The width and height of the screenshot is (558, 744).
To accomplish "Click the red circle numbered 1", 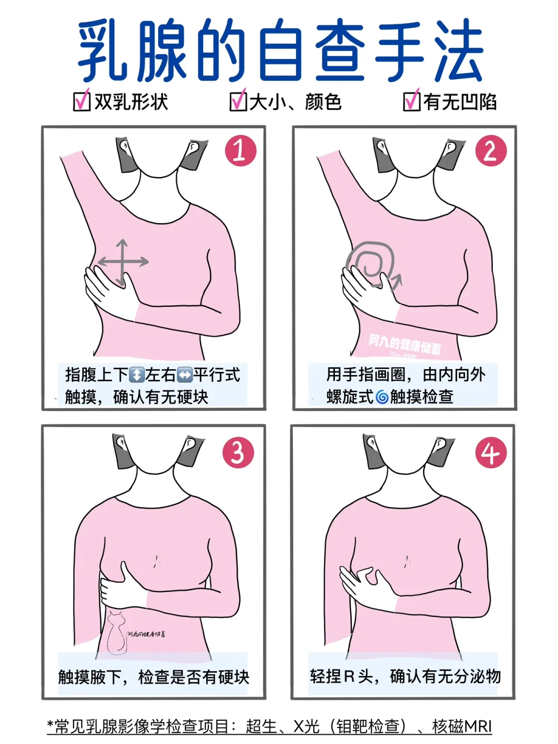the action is point(240,150).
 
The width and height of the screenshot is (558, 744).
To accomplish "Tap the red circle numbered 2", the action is point(490,150).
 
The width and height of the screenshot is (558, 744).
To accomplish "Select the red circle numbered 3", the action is point(238,452).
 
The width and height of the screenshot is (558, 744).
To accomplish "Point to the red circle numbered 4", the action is point(490,452).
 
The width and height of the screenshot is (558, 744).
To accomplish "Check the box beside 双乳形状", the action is point(82,101).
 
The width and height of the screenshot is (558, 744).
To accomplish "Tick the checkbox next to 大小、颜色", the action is point(238,101).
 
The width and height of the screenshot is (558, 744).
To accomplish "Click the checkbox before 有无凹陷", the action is point(412,101).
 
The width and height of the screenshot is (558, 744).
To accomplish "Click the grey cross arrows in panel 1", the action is point(122,262).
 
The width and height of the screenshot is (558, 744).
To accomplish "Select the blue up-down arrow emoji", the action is point(137,375).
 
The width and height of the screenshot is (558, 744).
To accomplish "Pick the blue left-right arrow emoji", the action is point(184,375).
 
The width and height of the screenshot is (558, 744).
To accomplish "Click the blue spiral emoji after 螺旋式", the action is point(382,397).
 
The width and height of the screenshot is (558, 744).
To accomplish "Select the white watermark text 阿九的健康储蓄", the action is point(406,345).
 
